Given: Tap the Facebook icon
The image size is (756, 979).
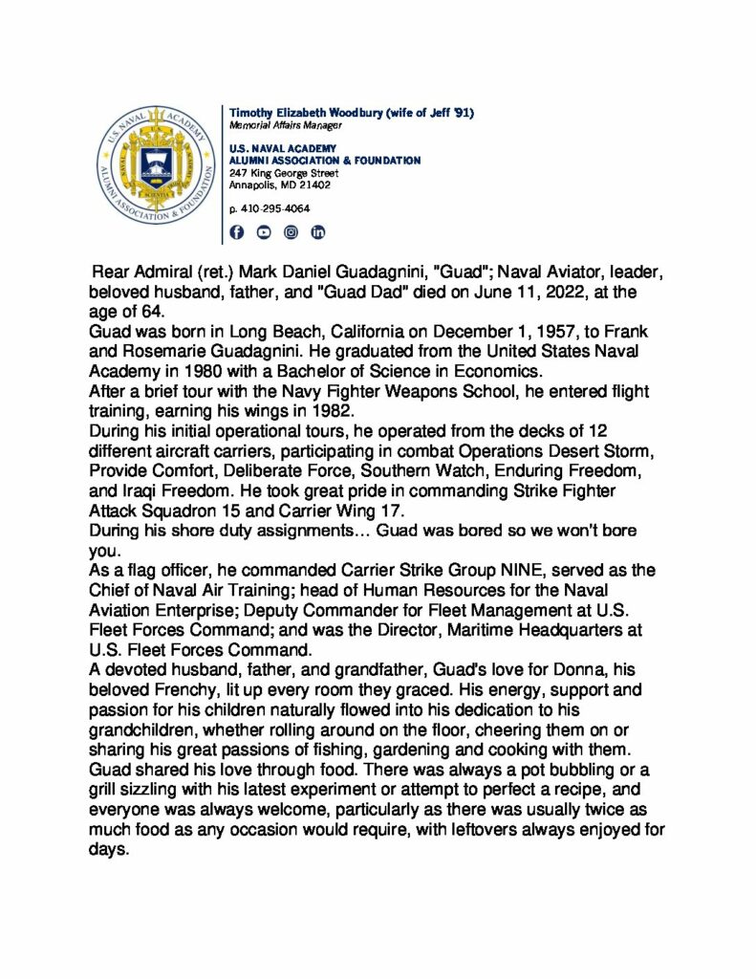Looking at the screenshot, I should [x=237, y=232].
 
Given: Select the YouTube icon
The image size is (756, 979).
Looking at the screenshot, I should [x=264, y=232].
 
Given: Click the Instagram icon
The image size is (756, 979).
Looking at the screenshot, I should [x=292, y=232].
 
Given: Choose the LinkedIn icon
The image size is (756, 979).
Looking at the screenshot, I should [x=318, y=232].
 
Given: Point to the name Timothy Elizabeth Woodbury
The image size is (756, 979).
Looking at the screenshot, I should [x=306, y=113].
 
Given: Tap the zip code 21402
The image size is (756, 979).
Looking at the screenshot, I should [x=314, y=185].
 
